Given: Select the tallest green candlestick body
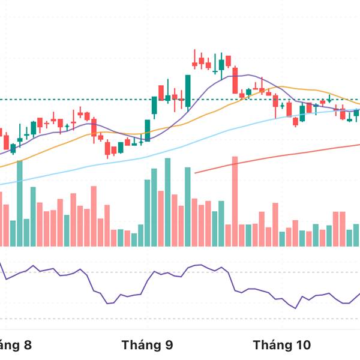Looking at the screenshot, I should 188,91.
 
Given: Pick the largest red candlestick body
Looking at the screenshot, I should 235,80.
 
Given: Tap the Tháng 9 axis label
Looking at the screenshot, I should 147,345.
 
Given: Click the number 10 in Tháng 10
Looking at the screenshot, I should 304,345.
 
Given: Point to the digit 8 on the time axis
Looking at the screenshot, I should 26,345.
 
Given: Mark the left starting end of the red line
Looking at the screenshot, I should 196,173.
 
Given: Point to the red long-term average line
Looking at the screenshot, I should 288,152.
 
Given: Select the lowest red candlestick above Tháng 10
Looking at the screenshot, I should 295,122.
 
